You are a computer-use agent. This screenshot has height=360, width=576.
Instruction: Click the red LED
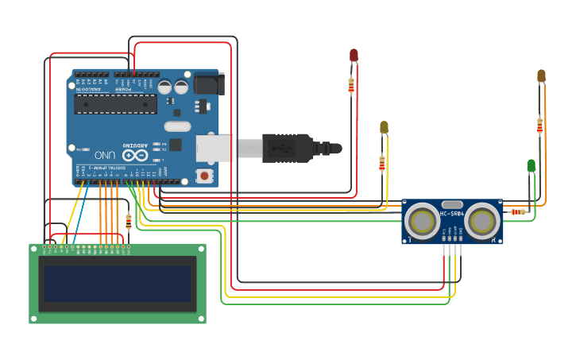pos(354,55)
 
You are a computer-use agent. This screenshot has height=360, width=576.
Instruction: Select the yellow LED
pos(384,127)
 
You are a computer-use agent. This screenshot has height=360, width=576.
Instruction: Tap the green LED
pos(532,165)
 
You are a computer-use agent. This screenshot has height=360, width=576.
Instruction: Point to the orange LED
pos(541,75)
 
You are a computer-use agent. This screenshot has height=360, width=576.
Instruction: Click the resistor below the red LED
pos(351,85)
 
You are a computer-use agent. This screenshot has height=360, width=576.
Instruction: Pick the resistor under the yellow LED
pos(382,163)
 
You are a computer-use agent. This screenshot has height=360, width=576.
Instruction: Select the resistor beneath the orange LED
pos(539,125)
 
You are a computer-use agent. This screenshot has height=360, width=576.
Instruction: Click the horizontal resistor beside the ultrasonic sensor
pos(518,211)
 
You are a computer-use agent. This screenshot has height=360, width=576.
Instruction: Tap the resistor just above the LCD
pos(129,221)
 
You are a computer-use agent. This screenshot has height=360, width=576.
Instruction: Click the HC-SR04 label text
pos(452,214)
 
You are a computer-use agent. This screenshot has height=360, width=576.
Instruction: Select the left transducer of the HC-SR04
pos(422,221)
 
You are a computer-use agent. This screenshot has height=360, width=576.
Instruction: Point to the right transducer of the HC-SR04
pos(482,221)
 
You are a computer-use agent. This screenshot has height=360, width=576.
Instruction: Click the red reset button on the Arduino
pos(204,175)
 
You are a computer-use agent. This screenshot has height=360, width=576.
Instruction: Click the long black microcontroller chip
pos(115,103)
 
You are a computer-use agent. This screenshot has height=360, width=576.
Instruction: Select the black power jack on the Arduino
pos(208,83)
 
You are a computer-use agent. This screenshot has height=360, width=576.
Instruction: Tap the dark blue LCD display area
pos(118,284)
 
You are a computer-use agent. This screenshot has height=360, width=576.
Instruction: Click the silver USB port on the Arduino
pos(215,148)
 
